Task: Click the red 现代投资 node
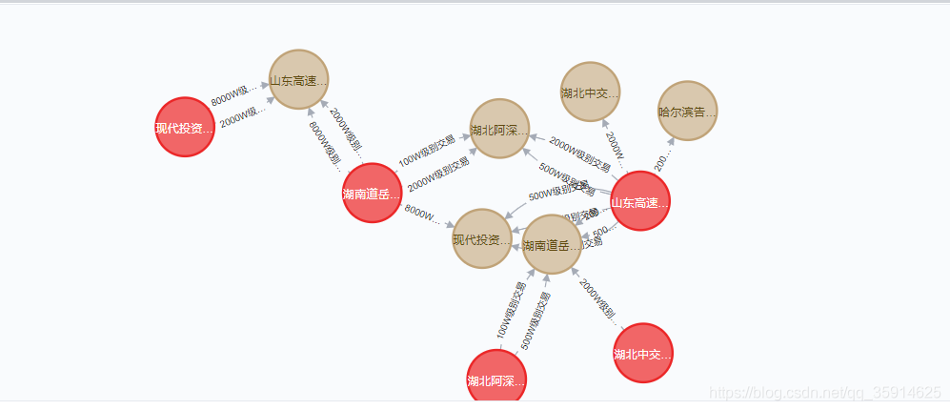(x=185, y=127)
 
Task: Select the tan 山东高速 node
(x=299, y=80)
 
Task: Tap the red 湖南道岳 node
(x=372, y=194)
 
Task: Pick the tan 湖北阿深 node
(x=499, y=129)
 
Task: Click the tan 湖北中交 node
(x=591, y=92)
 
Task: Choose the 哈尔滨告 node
(x=687, y=112)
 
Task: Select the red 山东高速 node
(x=640, y=201)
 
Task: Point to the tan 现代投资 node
(x=482, y=238)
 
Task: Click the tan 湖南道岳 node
(x=552, y=245)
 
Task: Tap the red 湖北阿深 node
(x=496, y=380)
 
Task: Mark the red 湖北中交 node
(x=644, y=354)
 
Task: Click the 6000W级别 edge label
(x=324, y=143)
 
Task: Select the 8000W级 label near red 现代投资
(x=234, y=96)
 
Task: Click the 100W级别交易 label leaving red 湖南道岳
(x=426, y=150)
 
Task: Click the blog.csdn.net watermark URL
(x=827, y=392)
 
